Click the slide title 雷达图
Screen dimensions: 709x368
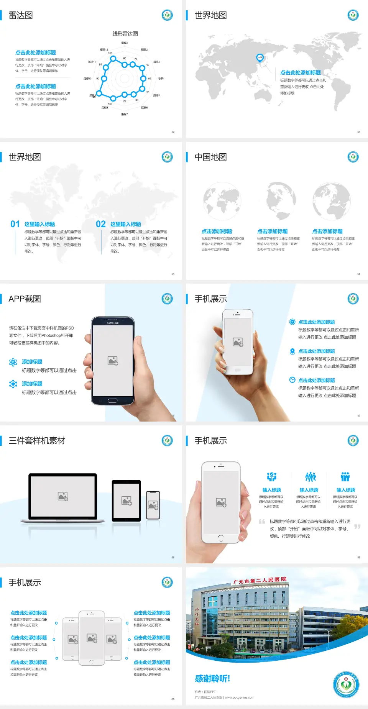[x=21, y=15]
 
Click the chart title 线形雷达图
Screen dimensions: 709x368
[x=125, y=34]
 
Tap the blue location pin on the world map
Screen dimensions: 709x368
[x=260, y=58]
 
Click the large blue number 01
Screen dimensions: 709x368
[x=15, y=224]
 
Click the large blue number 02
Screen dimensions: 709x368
[x=101, y=224]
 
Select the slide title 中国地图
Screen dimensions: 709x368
[x=210, y=157]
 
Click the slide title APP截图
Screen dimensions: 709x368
[x=25, y=299]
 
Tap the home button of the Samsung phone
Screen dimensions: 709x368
[x=112, y=400]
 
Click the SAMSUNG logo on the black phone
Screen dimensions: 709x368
[x=113, y=323]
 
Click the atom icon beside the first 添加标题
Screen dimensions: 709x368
[x=13, y=362]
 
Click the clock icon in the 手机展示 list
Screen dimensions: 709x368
[x=292, y=380]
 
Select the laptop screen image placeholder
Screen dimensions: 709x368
[x=63, y=496]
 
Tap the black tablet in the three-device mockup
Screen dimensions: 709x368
[x=127, y=501]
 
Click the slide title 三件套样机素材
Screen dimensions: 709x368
[x=37, y=441]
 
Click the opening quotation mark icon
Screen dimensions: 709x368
[x=262, y=522]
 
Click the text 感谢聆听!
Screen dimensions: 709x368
[x=212, y=679]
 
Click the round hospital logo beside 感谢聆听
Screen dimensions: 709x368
[x=346, y=684]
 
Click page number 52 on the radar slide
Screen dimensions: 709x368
[x=173, y=132]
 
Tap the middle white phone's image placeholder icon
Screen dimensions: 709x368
[x=92, y=638]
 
